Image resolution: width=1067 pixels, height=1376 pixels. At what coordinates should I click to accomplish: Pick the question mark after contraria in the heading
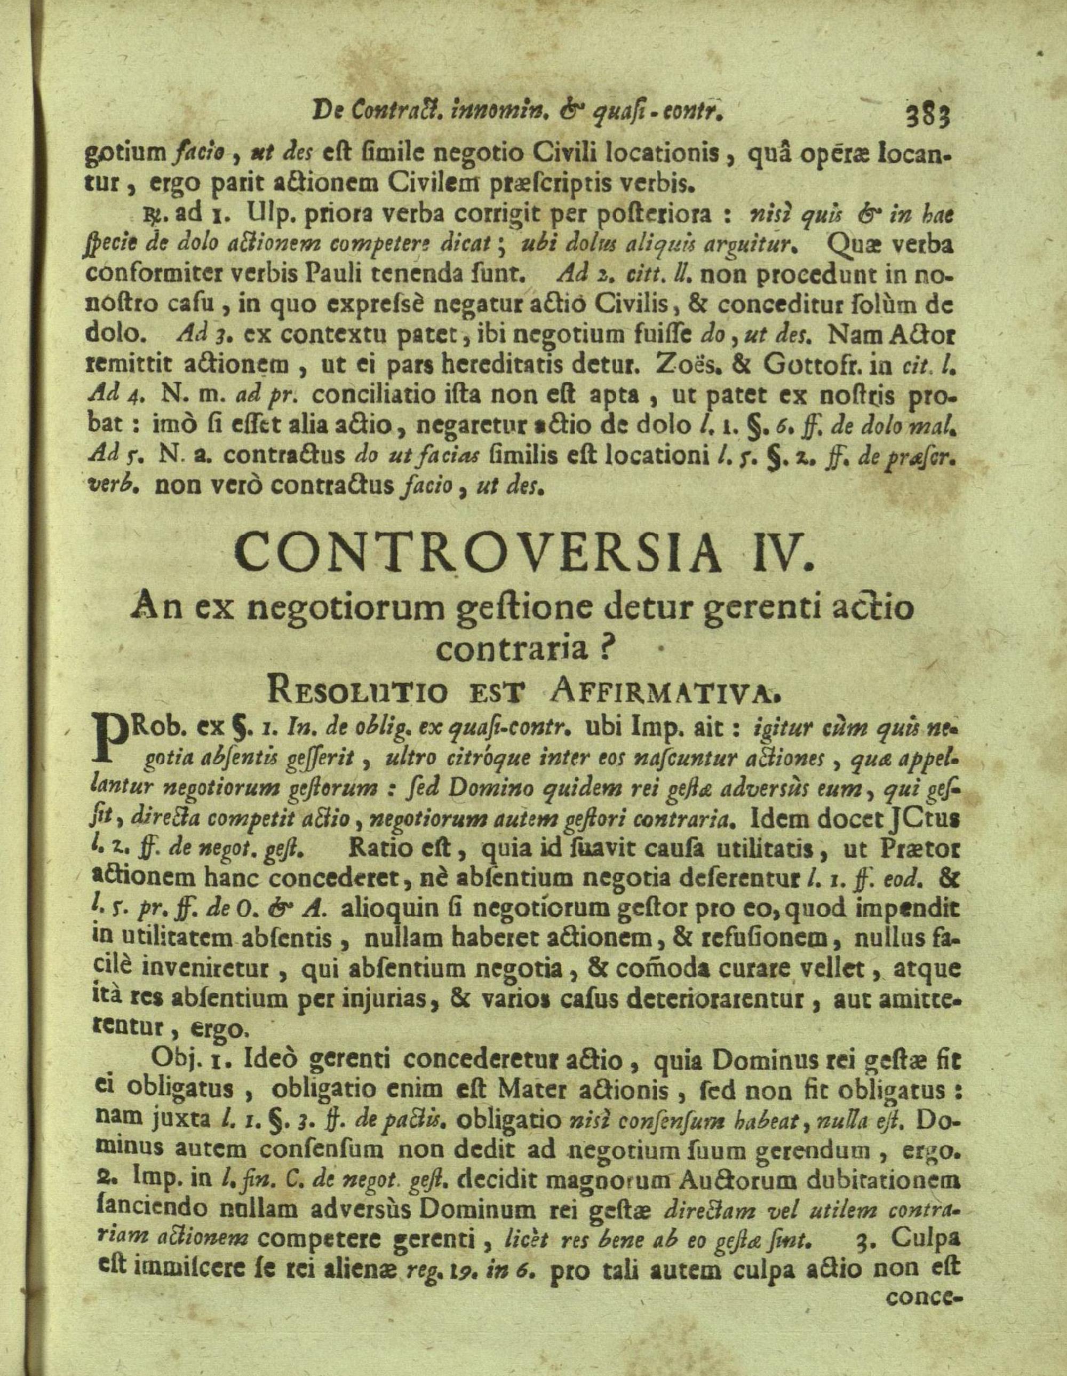[604, 649]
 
